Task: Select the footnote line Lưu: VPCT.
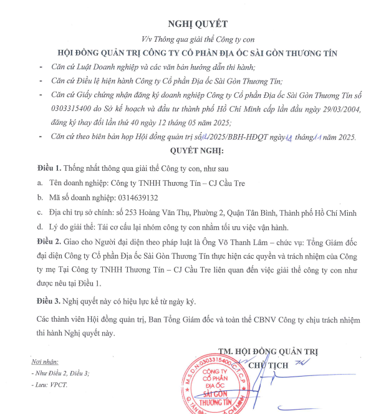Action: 51,384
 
